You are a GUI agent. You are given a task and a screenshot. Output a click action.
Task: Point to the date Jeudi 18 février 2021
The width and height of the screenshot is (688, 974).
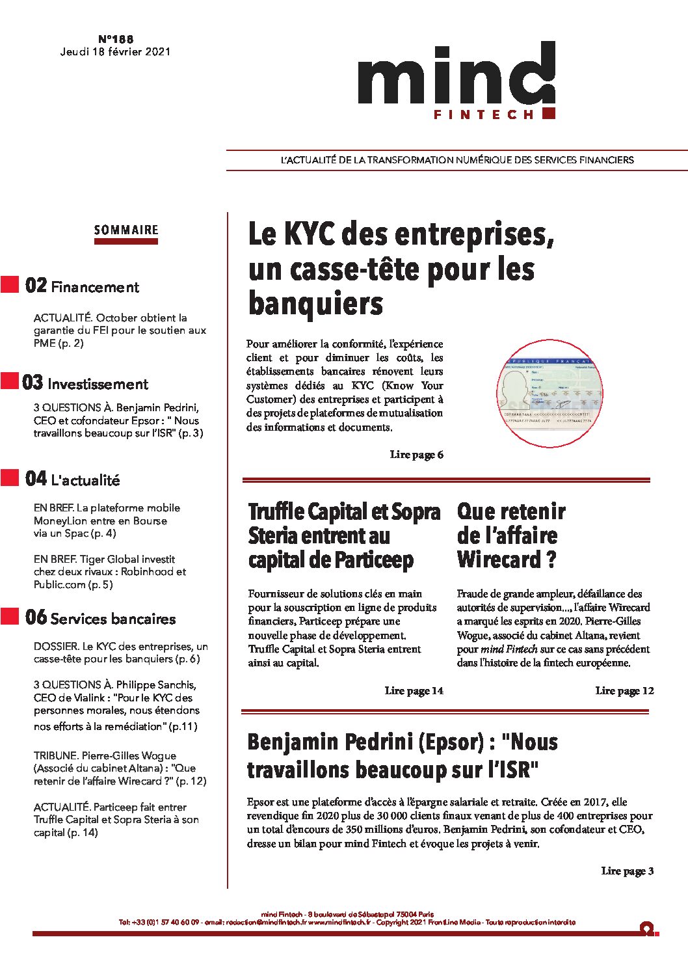click(x=115, y=52)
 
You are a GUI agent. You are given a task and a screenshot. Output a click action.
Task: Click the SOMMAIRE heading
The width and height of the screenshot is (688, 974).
click(x=126, y=230)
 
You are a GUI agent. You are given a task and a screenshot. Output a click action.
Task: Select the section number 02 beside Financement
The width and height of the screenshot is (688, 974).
click(x=36, y=286)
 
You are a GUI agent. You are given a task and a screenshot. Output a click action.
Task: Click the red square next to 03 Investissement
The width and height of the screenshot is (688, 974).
click(x=10, y=381)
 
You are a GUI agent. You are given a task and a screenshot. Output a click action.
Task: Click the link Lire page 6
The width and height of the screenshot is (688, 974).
click(x=416, y=455)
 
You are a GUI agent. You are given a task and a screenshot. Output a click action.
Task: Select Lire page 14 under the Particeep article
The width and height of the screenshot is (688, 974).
click(x=414, y=691)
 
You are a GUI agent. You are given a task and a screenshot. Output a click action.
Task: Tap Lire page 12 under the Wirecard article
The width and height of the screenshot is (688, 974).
click(x=624, y=691)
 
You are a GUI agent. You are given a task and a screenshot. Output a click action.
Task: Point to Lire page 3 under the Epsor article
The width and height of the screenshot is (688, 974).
click(x=627, y=871)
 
